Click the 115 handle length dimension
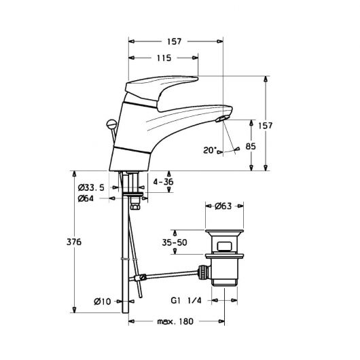click(164, 58)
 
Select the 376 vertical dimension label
click(74, 242)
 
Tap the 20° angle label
click(210, 150)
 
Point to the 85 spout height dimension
click(251, 146)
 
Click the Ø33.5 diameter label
click(91, 187)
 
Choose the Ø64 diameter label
click(86, 198)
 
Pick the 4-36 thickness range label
click(163, 182)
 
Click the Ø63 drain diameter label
click(223, 206)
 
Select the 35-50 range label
click(175, 242)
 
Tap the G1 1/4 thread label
click(186, 300)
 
